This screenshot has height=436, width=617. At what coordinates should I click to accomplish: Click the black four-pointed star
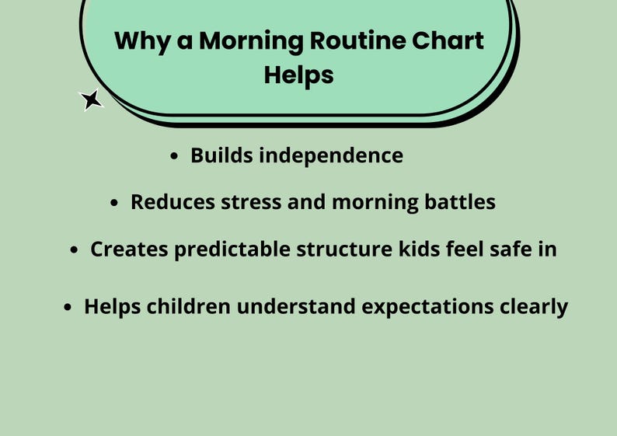pos(92,100)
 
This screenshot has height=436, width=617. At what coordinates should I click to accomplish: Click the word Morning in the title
pos(247,40)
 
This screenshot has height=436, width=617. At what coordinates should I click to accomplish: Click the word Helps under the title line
pos(298,75)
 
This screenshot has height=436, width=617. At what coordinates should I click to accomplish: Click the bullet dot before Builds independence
pos(175,156)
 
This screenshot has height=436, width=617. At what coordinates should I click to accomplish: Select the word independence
pos(330,155)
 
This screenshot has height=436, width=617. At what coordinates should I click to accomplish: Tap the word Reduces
pos(172,202)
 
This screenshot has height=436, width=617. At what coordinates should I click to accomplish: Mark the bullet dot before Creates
pos(75,251)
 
